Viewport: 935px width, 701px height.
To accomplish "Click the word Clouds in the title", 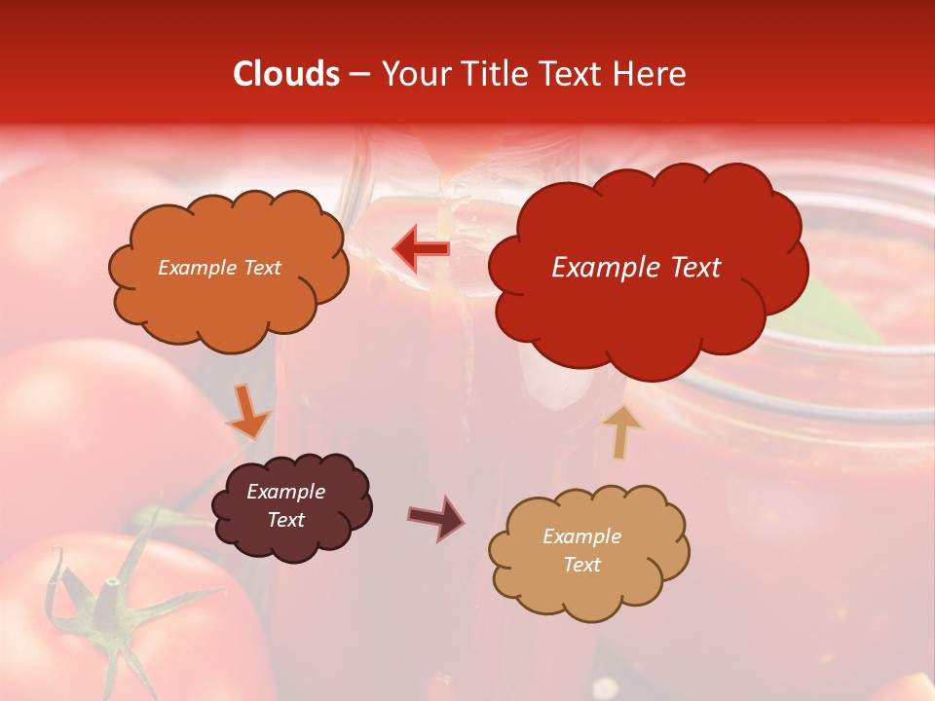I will pos(285,74).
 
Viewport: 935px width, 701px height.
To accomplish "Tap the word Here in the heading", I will pos(650,74).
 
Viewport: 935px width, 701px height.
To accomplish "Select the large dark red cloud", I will pos(643,292).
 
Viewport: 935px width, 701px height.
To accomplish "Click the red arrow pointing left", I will pos(422,248).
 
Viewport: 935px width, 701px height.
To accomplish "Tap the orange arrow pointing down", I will pos(248,413).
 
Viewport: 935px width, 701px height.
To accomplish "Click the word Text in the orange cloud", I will pos(261,268).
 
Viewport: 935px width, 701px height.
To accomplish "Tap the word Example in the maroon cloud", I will pos(285,492).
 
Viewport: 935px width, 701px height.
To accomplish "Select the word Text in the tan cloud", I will pos(581,565).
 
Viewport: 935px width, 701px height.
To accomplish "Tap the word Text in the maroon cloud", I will pos(285,520).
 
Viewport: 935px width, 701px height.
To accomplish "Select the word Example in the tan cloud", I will pos(581,536).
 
